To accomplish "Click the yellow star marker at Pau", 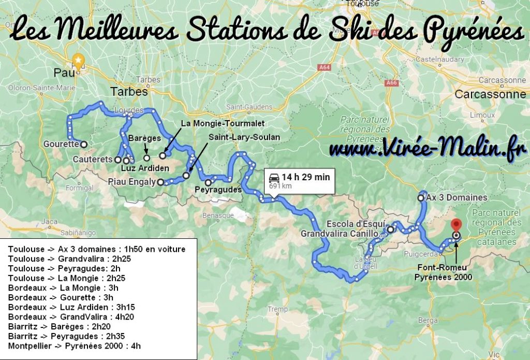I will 78,61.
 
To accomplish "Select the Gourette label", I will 61,144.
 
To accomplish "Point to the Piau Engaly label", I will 131,182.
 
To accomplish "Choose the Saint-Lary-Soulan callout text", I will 244,137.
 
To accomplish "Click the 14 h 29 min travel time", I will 305,177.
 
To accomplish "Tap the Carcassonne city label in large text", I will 490,95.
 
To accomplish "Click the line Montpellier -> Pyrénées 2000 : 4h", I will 74,346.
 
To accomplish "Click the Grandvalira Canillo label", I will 343,234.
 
